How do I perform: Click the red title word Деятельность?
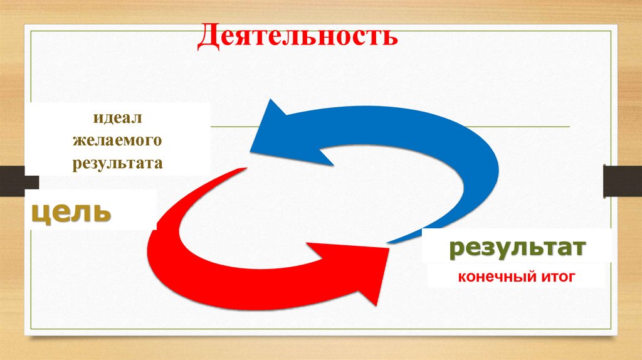pos(298,36)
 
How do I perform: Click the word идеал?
pos(118,117)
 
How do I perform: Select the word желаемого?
pos(117,140)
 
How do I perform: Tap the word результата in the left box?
pos(117,164)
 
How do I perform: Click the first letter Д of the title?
pos(208,36)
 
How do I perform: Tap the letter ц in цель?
pos(41,213)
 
